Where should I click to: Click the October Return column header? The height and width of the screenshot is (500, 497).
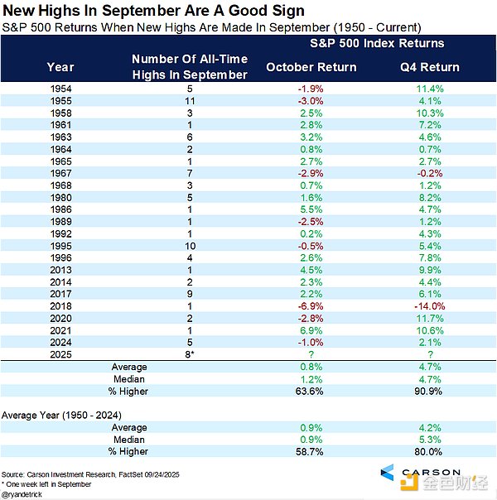(311, 67)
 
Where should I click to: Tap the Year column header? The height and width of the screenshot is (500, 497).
(60, 67)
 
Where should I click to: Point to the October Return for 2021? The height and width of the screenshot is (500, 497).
(311, 330)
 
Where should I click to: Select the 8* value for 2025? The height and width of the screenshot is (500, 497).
(190, 354)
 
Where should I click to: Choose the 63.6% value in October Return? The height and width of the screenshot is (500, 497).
(311, 390)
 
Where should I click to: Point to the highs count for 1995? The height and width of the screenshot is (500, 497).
(190, 245)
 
